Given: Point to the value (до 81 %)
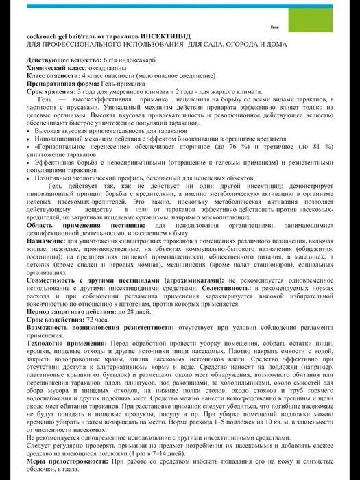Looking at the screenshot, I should tap(315, 146).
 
